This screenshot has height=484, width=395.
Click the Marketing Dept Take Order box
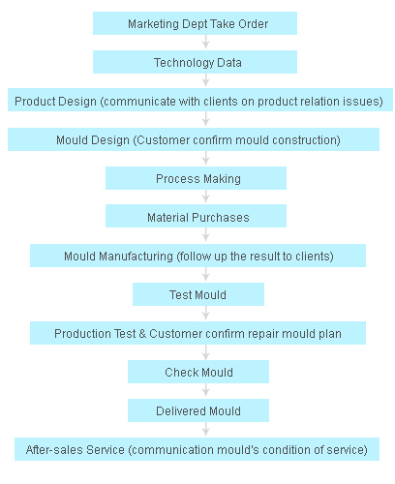click(195, 23)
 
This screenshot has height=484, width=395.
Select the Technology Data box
click(195, 62)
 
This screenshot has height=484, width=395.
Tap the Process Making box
click(196, 178)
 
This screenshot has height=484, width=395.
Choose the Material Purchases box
click(196, 216)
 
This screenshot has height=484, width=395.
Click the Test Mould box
click(198, 294)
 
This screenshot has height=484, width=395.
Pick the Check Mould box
click(198, 372)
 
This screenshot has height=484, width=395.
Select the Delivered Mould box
click(198, 410)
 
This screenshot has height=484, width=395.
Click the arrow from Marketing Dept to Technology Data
click(206, 43)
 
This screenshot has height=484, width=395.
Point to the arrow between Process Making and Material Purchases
click(206, 197)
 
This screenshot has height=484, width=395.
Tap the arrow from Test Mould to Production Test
click(206, 314)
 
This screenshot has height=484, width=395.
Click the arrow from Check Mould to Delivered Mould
click(206, 391)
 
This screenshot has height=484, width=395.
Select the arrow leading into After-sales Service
click(206, 430)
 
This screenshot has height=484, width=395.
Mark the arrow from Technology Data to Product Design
click(206, 80)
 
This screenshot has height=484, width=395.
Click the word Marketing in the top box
click(153, 24)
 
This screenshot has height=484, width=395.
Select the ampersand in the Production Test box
click(142, 334)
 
